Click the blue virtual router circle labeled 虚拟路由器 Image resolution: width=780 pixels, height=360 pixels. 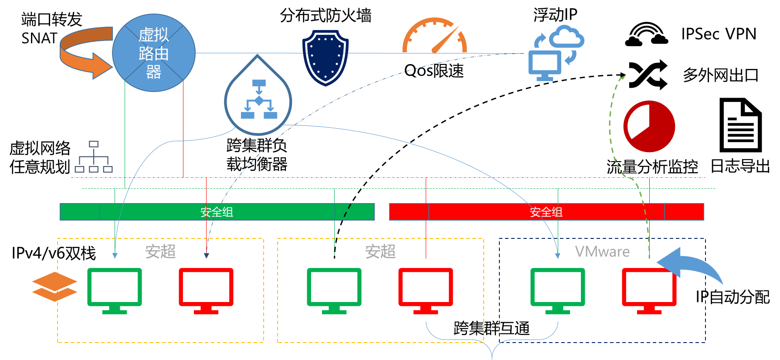(x=153, y=53)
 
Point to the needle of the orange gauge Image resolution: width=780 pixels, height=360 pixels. (x=445, y=40)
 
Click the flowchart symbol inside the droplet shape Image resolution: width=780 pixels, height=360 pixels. (x=259, y=99)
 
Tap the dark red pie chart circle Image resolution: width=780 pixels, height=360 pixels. (x=649, y=126)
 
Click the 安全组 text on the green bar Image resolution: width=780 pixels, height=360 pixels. (x=217, y=212)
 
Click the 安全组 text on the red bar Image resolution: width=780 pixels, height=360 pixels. (x=546, y=212)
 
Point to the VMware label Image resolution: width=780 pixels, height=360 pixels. (x=602, y=251)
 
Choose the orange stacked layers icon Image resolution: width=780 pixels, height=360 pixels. (x=54, y=286)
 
